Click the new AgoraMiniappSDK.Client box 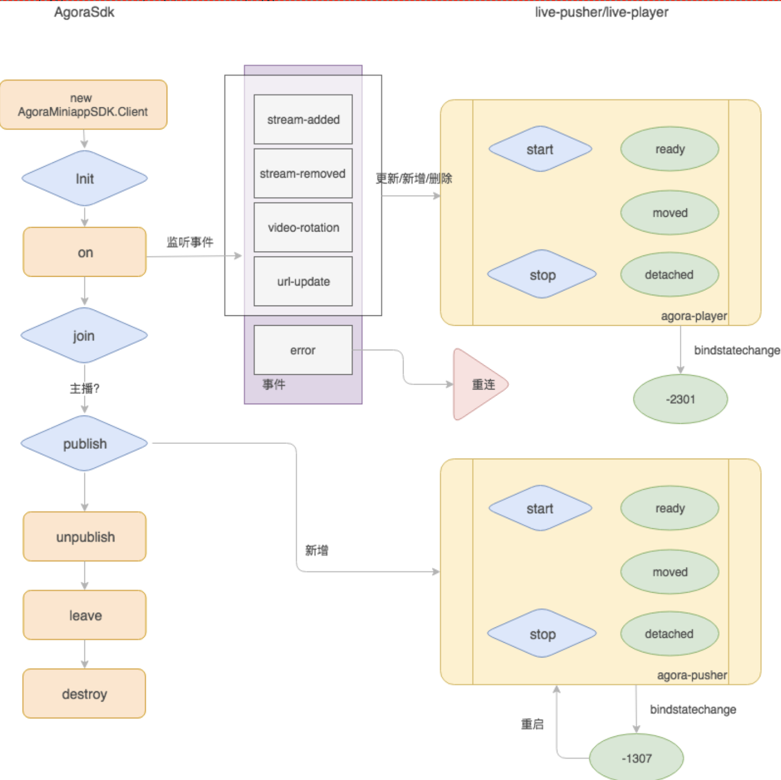(x=83, y=105)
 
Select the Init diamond (x=84, y=179)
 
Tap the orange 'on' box (x=84, y=252)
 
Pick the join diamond (x=84, y=336)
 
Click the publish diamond (x=84, y=443)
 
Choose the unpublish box (x=85, y=537)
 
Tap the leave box (x=85, y=615)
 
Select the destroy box (x=84, y=693)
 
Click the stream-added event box (x=303, y=119)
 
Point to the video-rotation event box (x=303, y=227)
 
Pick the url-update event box (x=303, y=281)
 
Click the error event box (x=303, y=350)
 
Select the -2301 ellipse (x=680, y=399)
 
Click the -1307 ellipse (x=636, y=758)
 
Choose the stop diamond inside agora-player (x=542, y=275)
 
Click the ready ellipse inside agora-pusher (x=669, y=508)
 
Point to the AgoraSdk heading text (x=84, y=12)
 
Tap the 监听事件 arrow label (x=190, y=242)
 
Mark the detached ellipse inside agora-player (x=669, y=275)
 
